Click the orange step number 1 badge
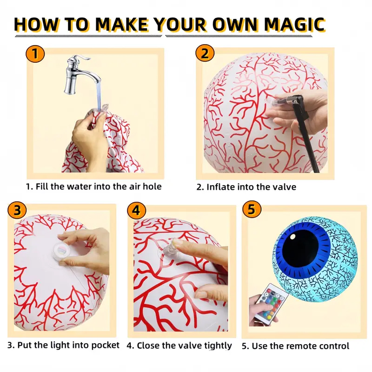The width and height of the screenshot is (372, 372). (35, 53)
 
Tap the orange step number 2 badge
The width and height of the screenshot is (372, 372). (205, 53)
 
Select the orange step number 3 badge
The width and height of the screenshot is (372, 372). (17, 210)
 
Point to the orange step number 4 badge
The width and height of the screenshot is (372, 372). (137, 210)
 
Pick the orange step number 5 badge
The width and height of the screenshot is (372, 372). (252, 210)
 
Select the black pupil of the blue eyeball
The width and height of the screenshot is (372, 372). (300, 248)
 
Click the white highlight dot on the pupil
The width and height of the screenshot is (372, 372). (293, 237)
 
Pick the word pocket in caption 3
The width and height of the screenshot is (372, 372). (105, 345)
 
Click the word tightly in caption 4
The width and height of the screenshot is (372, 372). (218, 346)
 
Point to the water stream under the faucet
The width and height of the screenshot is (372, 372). (99, 95)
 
